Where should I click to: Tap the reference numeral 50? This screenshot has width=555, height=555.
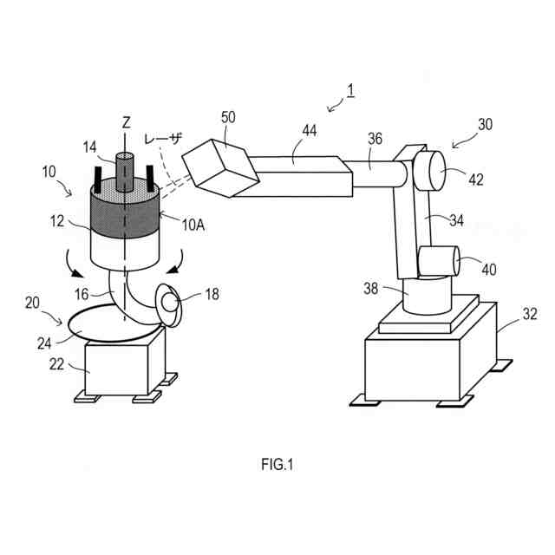228,116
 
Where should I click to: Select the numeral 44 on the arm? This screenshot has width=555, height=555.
309,131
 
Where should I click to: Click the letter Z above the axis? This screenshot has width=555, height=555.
126,123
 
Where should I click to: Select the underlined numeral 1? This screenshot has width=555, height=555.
349,90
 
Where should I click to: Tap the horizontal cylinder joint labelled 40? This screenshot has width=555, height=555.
440,261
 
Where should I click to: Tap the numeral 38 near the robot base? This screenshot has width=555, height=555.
370,289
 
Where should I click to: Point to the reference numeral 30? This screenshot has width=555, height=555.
485,124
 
